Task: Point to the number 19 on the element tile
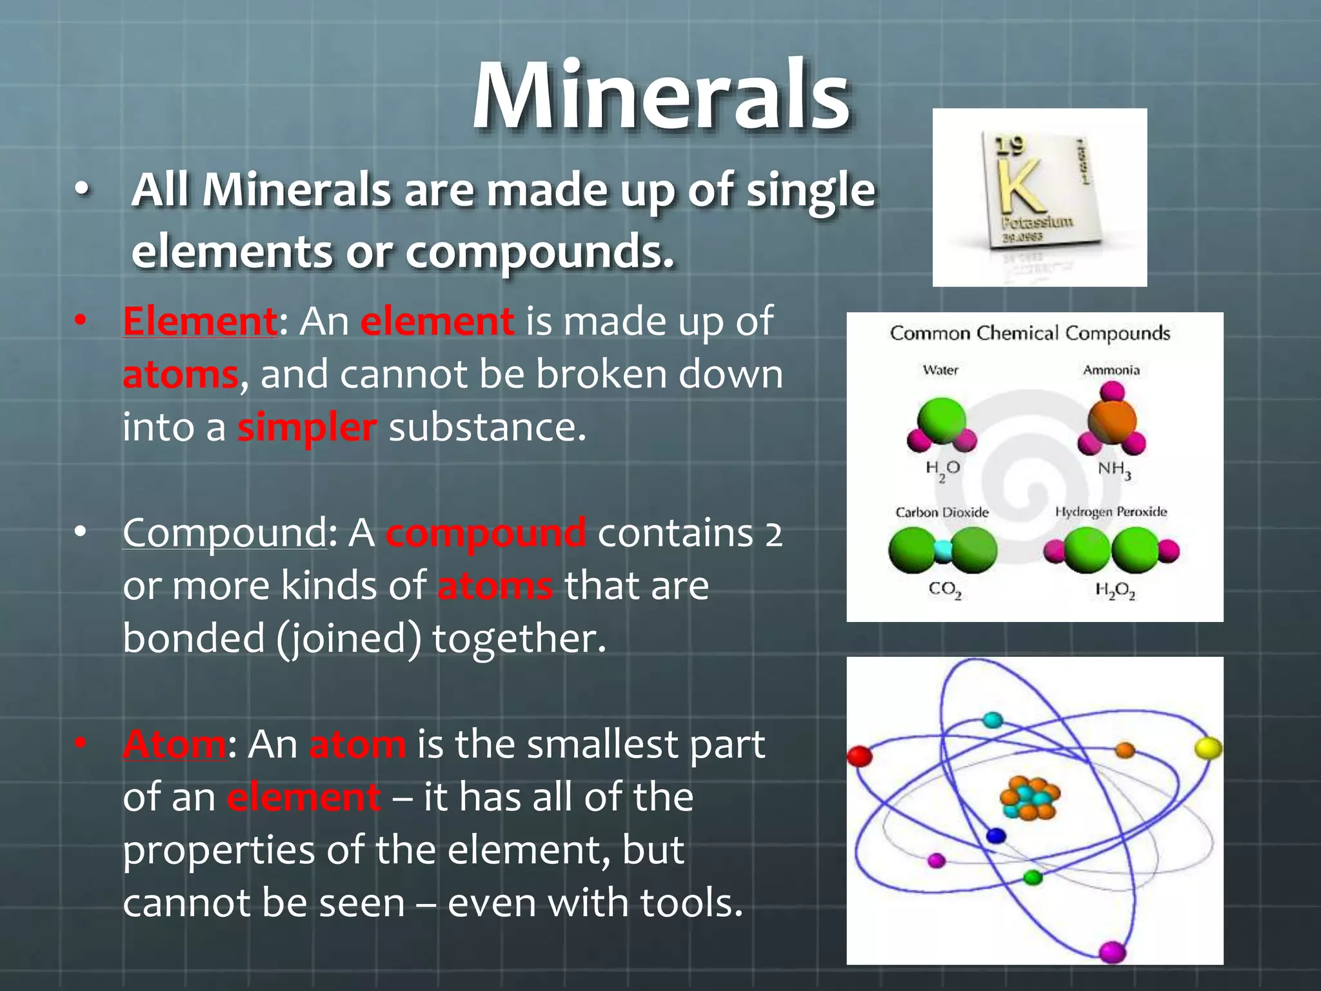tap(1009, 146)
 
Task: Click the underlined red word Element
tap(200, 321)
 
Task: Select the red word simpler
tap(307, 428)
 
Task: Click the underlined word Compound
tap(224, 533)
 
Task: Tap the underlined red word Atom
tap(174, 745)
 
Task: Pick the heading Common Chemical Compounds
tap(1029, 334)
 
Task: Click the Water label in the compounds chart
tap(940, 370)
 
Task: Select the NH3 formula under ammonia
tap(1114, 469)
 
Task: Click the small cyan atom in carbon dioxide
tap(943, 550)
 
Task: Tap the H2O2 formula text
tap(1115, 590)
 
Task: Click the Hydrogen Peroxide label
tap(1111, 512)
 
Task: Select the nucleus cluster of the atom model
tap(1029, 797)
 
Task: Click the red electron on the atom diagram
tap(859, 756)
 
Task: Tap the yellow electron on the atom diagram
tap(1207, 748)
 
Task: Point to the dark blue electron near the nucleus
tap(997, 836)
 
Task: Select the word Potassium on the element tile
tap(1037, 223)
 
